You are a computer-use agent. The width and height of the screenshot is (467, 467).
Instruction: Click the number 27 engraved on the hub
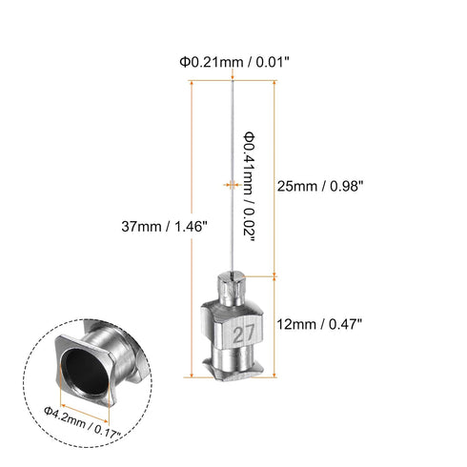point(239,335)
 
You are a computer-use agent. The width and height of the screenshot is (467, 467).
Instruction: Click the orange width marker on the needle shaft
point(230,184)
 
